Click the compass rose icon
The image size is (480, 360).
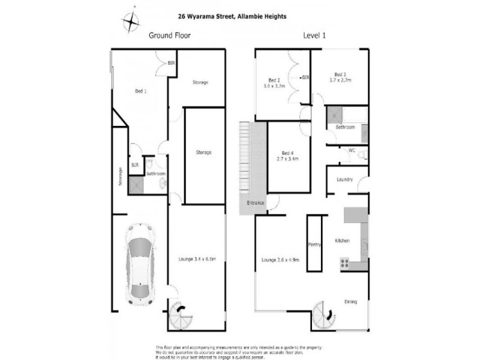click(130, 22)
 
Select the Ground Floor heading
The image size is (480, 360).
click(169, 35)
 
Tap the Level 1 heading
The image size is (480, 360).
click(315, 35)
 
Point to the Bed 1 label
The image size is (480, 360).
click(140, 91)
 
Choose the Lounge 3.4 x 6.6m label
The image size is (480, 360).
click(197, 259)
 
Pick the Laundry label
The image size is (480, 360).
click(344, 179)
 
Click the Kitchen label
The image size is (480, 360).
click(341, 241)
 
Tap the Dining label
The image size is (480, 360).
click(351, 302)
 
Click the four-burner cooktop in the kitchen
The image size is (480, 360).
click(345, 262)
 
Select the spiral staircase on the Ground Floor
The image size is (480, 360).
click(178, 314)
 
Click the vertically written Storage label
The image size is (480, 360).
click(119, 176)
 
